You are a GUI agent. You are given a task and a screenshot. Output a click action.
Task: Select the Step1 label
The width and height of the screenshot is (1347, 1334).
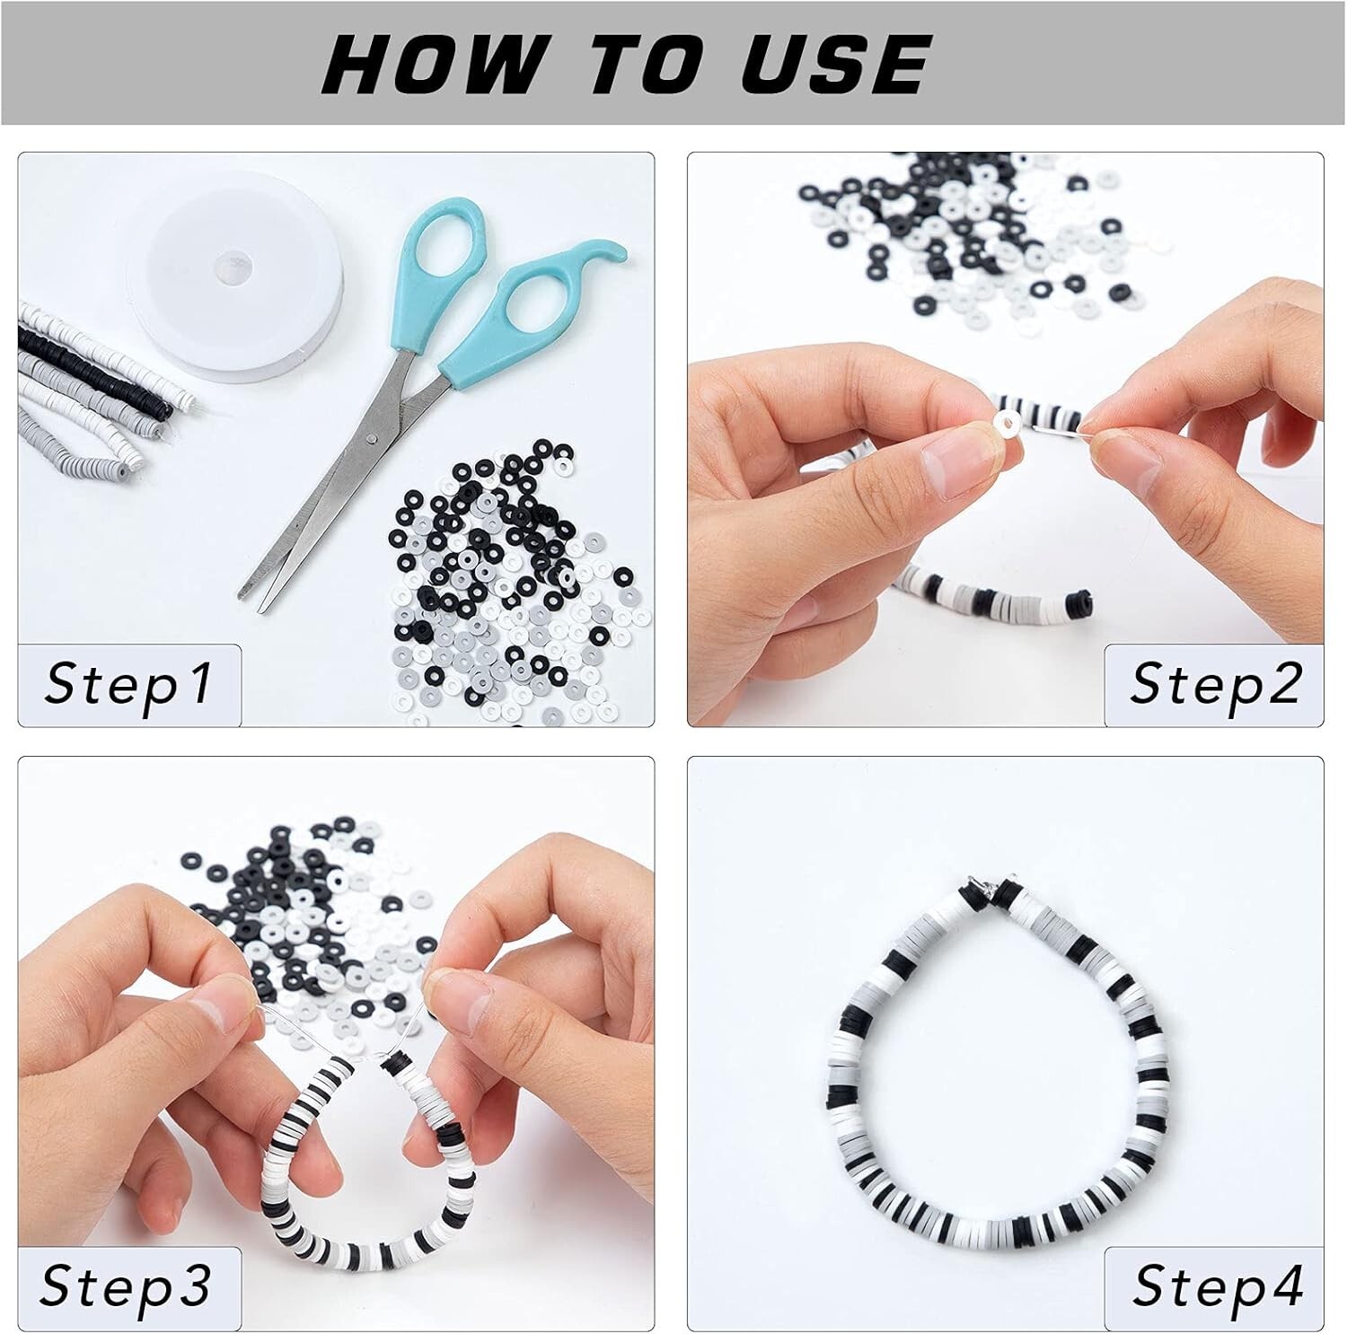pos(129,684)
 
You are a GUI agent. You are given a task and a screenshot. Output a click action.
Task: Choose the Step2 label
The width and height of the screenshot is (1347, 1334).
pos(1215,684)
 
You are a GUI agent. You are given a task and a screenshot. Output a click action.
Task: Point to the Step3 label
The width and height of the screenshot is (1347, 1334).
pos(126,1286)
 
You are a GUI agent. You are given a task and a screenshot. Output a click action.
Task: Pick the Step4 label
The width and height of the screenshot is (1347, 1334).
pos(1218,1286)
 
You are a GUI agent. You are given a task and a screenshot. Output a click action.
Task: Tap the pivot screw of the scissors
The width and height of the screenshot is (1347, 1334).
pos(372,438)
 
